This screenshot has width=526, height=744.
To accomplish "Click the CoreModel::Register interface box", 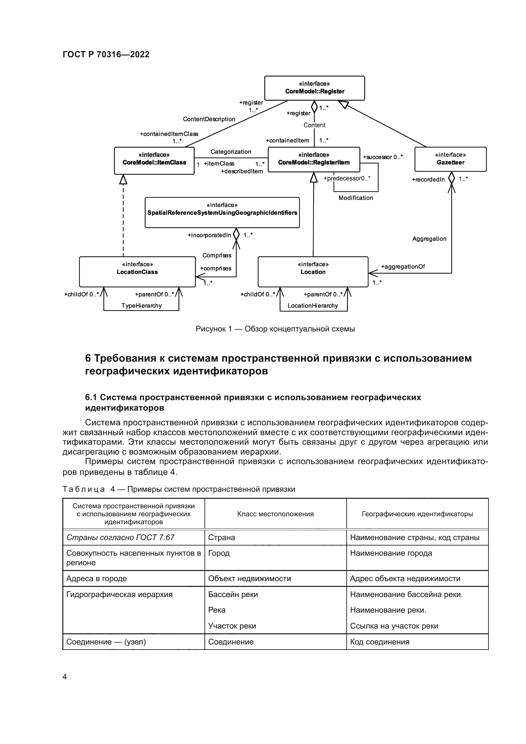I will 314,88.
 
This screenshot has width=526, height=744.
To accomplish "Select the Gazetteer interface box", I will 450,159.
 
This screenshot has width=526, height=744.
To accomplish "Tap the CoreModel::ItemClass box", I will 154,160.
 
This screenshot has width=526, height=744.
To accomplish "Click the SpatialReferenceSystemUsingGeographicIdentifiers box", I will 222,212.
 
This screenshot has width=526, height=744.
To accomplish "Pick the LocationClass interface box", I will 137,272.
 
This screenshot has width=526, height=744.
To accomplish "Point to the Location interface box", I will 313,272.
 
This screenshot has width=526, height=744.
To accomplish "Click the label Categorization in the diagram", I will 231,152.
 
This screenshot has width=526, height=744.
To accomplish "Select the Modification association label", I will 356,198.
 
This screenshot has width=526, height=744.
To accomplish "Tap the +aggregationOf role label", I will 403,266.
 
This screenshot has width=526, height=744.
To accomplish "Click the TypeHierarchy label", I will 142,306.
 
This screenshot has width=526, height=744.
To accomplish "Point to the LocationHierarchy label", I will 313,306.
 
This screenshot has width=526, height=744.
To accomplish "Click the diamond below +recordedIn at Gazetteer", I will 451,178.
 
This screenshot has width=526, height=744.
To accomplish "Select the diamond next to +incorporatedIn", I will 236,234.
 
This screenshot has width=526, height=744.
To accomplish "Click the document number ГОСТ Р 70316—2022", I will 106,54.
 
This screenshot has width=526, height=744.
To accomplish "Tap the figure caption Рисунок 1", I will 275,329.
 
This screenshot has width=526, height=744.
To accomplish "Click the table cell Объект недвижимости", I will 249,578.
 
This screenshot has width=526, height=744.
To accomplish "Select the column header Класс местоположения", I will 275,514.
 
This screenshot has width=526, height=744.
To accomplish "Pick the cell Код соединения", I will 380,642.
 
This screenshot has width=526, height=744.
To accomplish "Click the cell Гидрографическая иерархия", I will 119,595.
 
